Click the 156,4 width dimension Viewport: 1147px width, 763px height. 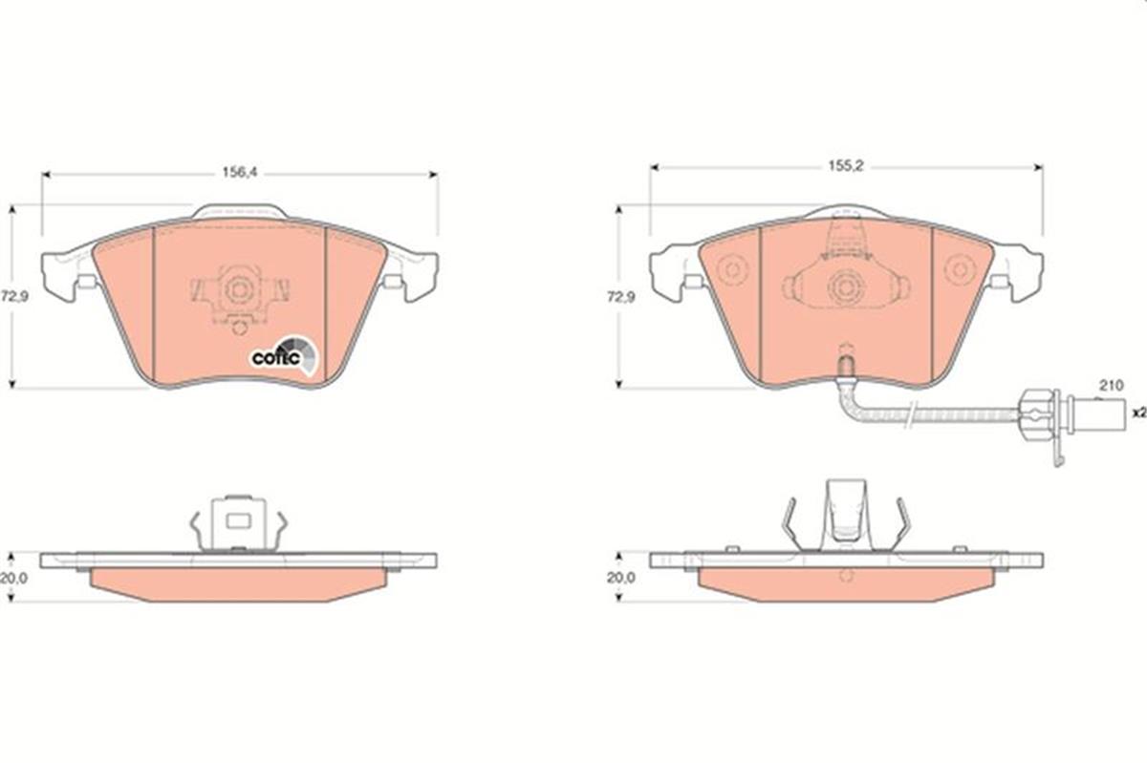240,174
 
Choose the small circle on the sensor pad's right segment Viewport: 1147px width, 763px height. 956,270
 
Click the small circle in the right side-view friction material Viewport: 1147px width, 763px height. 845,576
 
